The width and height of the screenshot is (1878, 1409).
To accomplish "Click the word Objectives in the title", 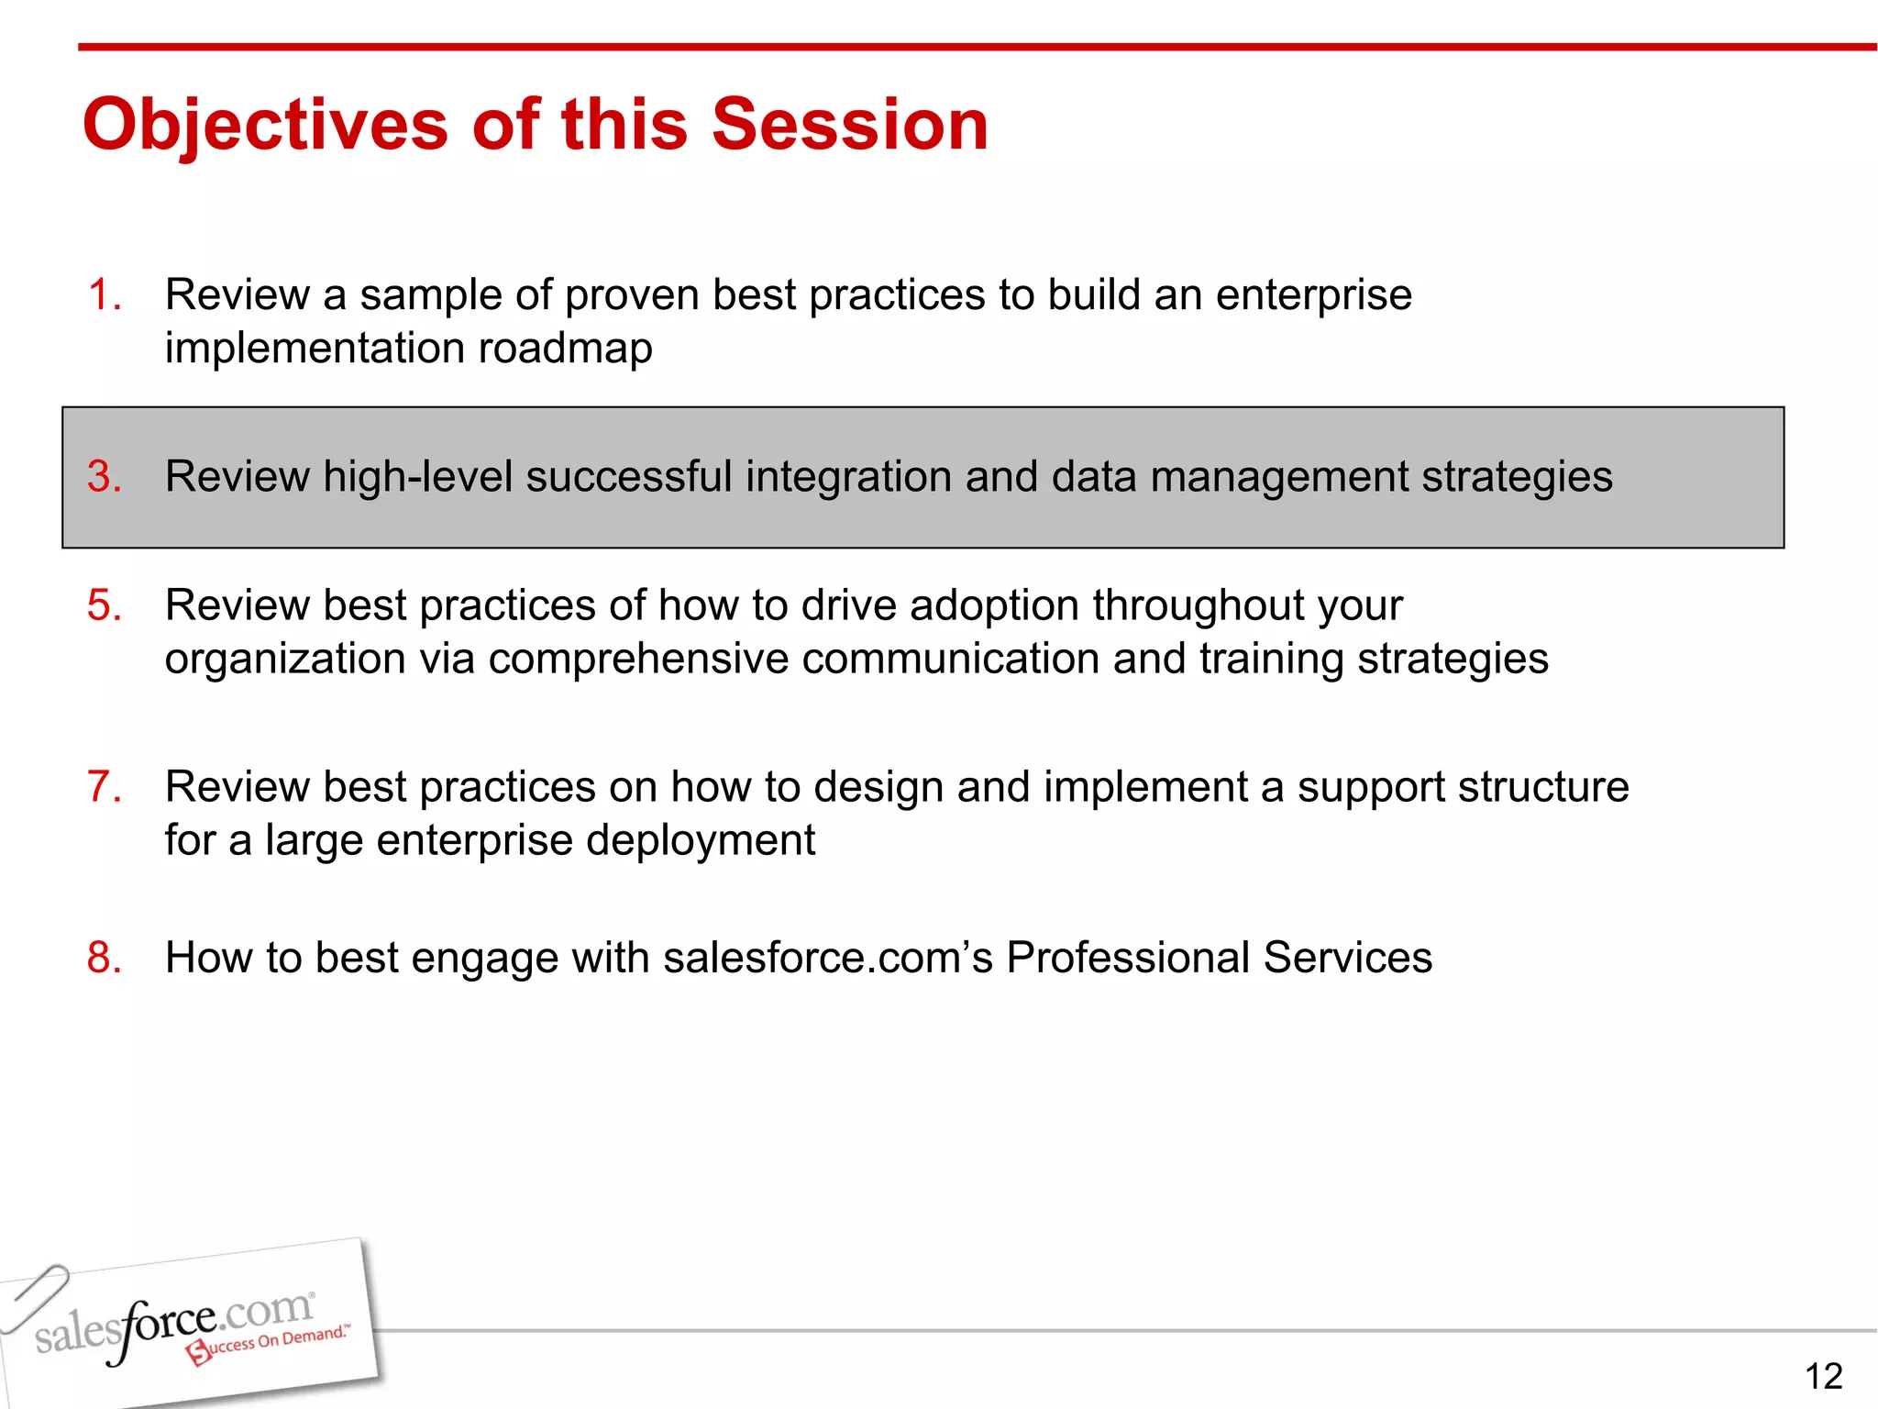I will [266, 126].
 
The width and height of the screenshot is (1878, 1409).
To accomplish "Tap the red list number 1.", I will [104, 295].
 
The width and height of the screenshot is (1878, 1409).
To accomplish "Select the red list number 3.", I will [104, 477].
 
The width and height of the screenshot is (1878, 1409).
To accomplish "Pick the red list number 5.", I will [104, 605].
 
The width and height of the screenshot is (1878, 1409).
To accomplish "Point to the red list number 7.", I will [104, 787].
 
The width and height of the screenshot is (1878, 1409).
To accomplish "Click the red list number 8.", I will [104, 958].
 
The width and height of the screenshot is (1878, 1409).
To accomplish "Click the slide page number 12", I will [1823, 1376].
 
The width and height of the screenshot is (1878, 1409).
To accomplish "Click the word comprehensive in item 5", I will [638, 659].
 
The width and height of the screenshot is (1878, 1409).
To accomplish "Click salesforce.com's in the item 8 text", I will [828, 958].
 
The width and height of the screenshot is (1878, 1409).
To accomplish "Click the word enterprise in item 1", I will [1313, 295].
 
